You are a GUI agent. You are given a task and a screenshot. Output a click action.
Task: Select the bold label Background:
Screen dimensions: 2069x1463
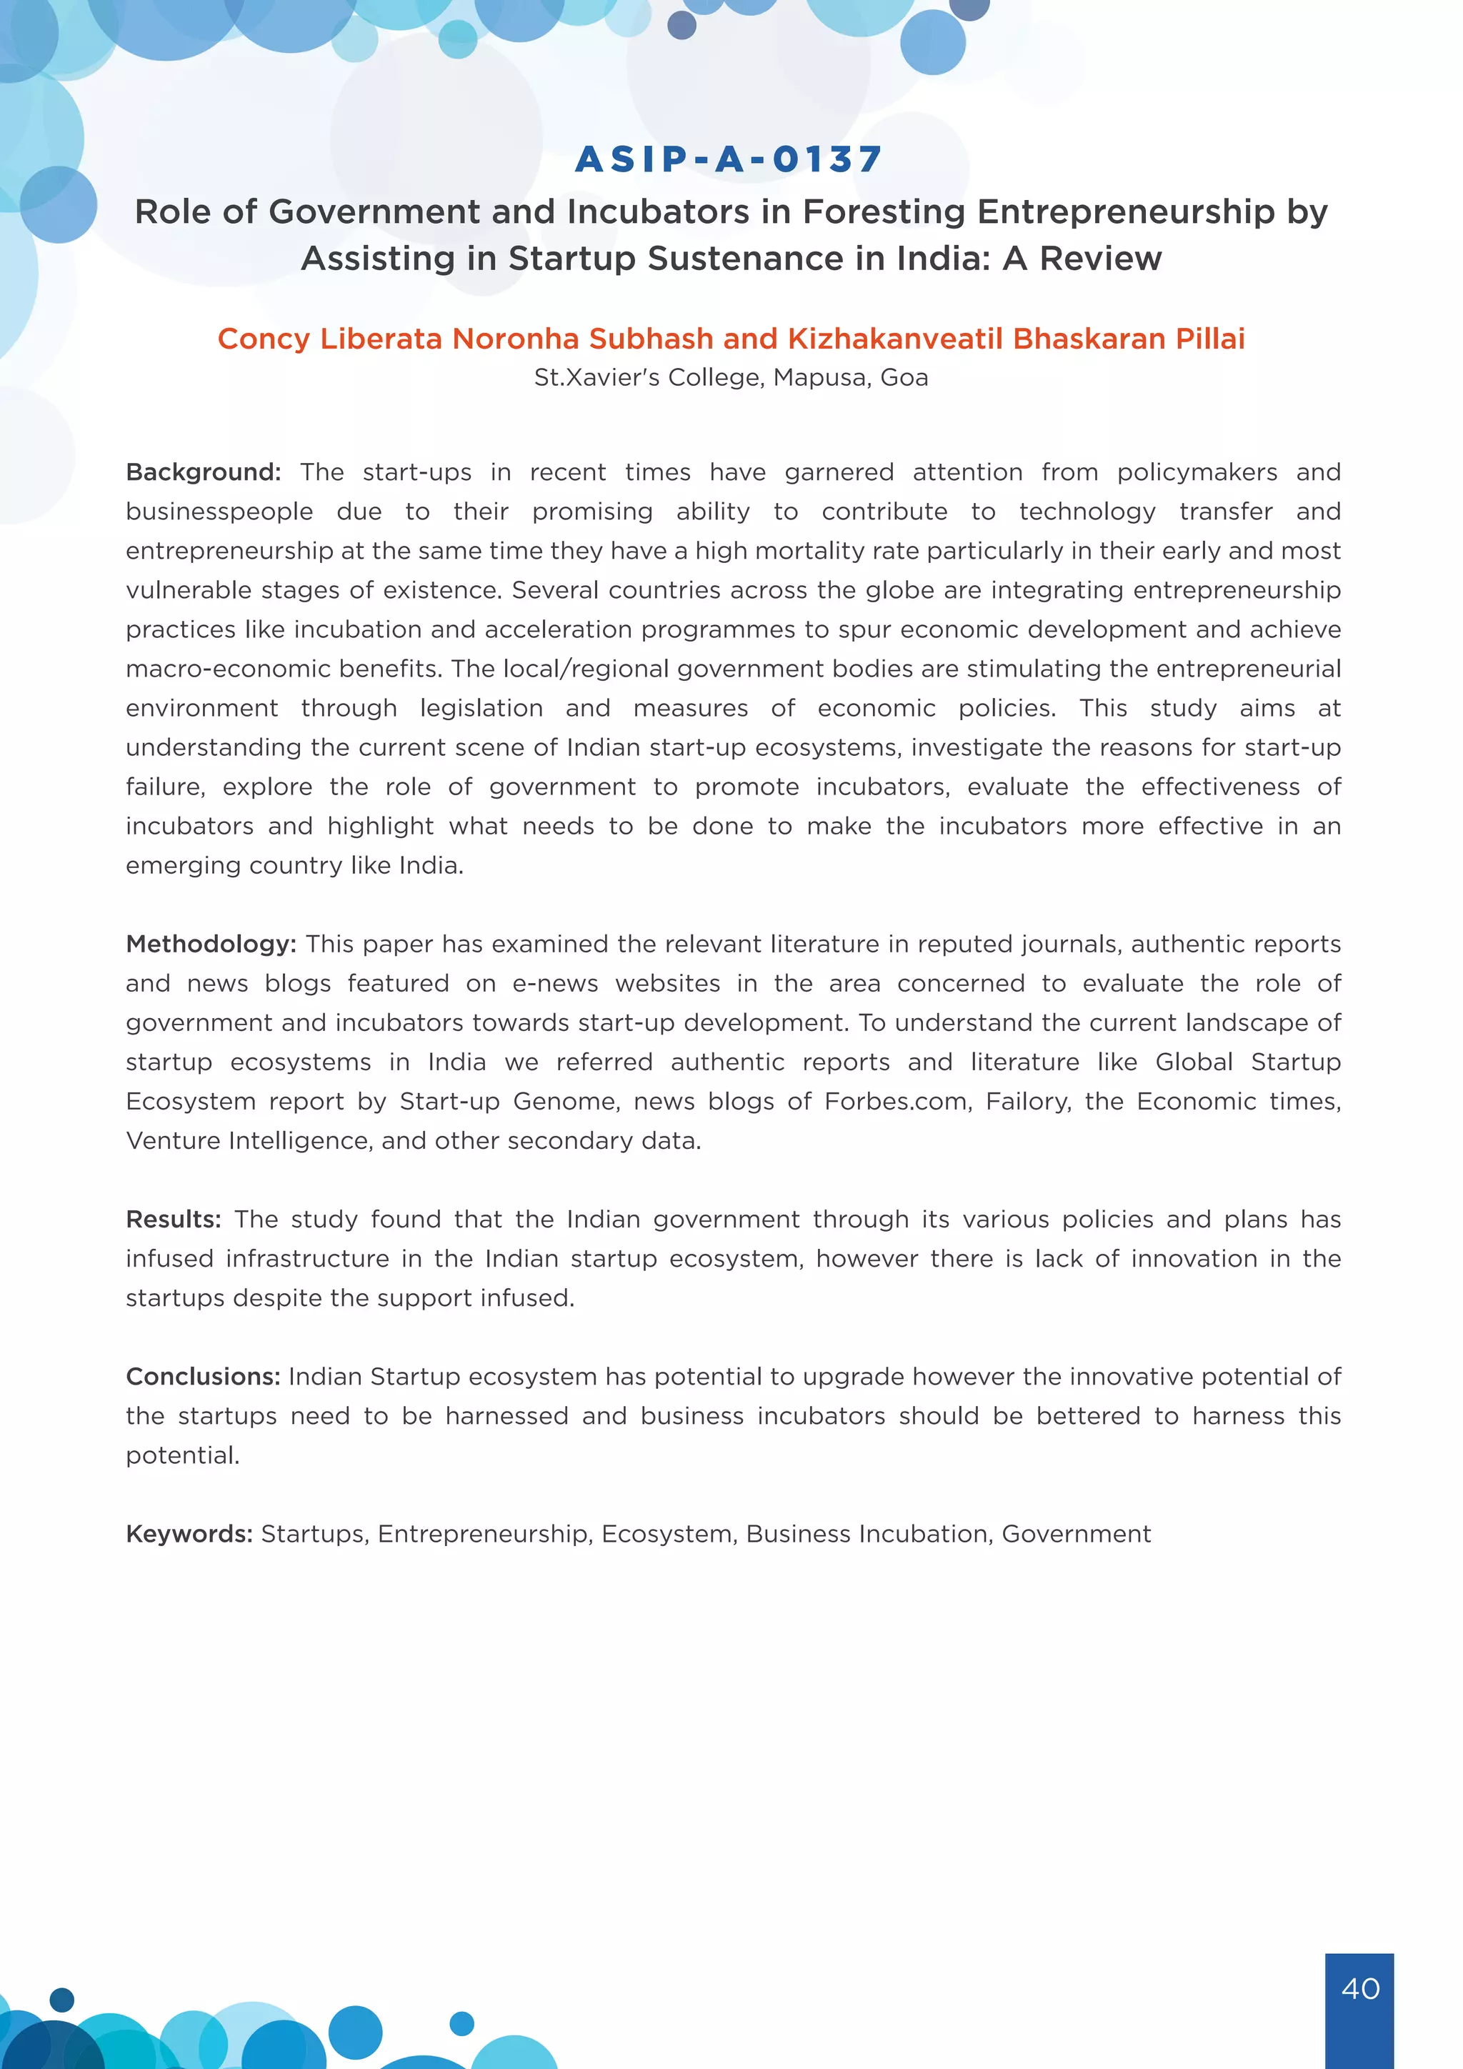click(x=204, y=472)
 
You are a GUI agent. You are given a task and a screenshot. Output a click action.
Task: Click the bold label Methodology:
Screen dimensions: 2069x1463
click(x=211, y=944)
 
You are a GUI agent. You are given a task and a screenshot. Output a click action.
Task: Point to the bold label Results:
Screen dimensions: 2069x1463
click(x=173, y=1220)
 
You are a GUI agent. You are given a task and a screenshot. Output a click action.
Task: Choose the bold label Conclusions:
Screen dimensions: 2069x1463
click(x=204, y=1376)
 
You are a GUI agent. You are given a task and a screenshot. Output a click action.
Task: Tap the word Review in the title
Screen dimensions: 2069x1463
click(x=1100, y=259)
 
